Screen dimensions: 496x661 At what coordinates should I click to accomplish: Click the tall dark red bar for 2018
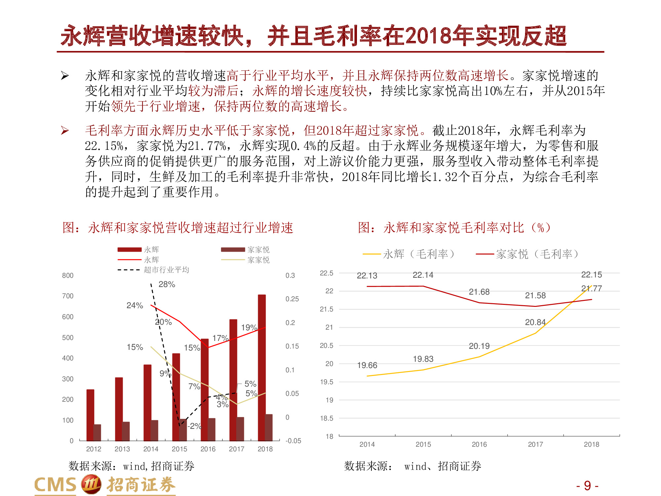[x=261, y=367]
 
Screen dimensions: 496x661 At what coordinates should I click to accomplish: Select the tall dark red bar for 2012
[x=90, y=415]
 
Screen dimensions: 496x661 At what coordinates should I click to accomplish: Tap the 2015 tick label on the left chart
[x=179, y=449]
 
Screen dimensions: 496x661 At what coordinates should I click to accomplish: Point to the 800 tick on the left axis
[x=68, y=275]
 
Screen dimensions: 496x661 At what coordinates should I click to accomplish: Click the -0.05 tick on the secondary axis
[x=293, y=441]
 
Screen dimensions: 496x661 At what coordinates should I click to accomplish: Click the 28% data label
[x=167, y=284]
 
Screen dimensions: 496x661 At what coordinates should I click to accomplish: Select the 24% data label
[x=135, y=306]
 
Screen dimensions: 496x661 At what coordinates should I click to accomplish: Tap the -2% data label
[x=194, y=426]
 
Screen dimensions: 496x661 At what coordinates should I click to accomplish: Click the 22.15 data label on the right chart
[x=591, y=275]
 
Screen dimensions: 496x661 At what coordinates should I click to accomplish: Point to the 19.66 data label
[x=367, y=365]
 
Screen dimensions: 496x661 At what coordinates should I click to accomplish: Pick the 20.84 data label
[x=535, y=322]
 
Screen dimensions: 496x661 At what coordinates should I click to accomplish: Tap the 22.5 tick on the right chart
[x=326, y=273]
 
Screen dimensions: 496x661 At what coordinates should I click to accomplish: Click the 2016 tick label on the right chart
[x=479, y=444]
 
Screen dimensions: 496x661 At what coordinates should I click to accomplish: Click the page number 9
[x=587, y=486]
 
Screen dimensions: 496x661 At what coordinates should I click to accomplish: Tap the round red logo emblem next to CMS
[x=91, y=484]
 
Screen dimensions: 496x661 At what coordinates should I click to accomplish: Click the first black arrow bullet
[x=65, y=76]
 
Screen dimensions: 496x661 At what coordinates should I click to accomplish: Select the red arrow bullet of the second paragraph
[x=65, y=131]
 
